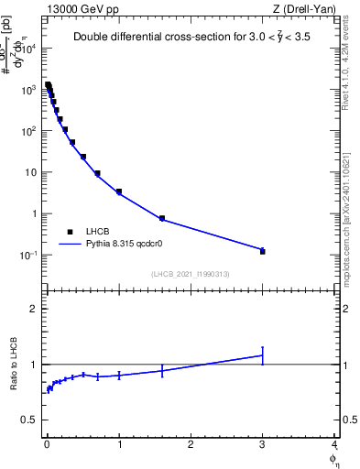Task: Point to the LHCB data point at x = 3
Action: pyautogui.click(x=263, y=250)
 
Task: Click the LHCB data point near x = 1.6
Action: pyautogui.click(x=162, y=218)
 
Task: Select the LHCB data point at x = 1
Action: pyautogui.click(x=119, y=191)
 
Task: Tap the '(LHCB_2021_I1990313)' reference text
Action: pyautogui.click(x=191, y=274)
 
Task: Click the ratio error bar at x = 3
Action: pyautogui.click(x=263, y=355)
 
